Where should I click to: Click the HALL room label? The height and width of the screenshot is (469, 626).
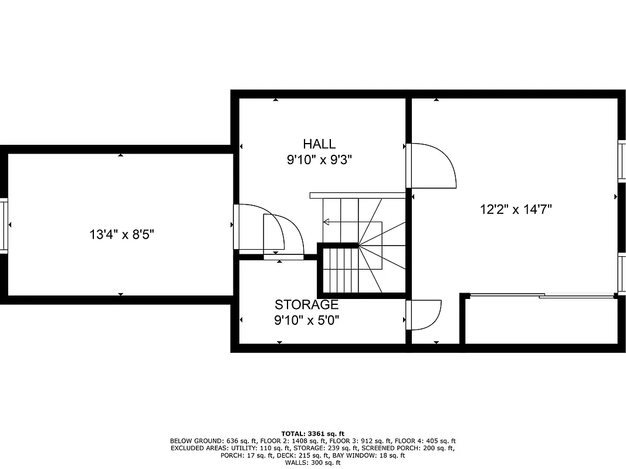[x=319, y=144]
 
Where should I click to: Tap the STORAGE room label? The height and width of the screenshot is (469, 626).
[x=306, y=305]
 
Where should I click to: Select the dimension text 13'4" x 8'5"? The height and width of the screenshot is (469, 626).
[x=122, y=235]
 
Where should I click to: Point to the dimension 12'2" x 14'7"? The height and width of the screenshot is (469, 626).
[x=516, y=209]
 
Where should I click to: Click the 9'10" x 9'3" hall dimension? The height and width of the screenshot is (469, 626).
[x=319, y=159]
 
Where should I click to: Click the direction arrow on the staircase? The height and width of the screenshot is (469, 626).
[x=327, y=222]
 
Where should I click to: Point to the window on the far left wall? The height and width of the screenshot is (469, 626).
[x=4, y=226]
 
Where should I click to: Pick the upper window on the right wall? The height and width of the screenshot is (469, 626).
[x=621, y=159]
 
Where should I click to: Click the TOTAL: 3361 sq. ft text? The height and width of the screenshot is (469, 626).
[x=313, y=434]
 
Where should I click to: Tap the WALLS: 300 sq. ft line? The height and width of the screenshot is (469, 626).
[x=313, y=463]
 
